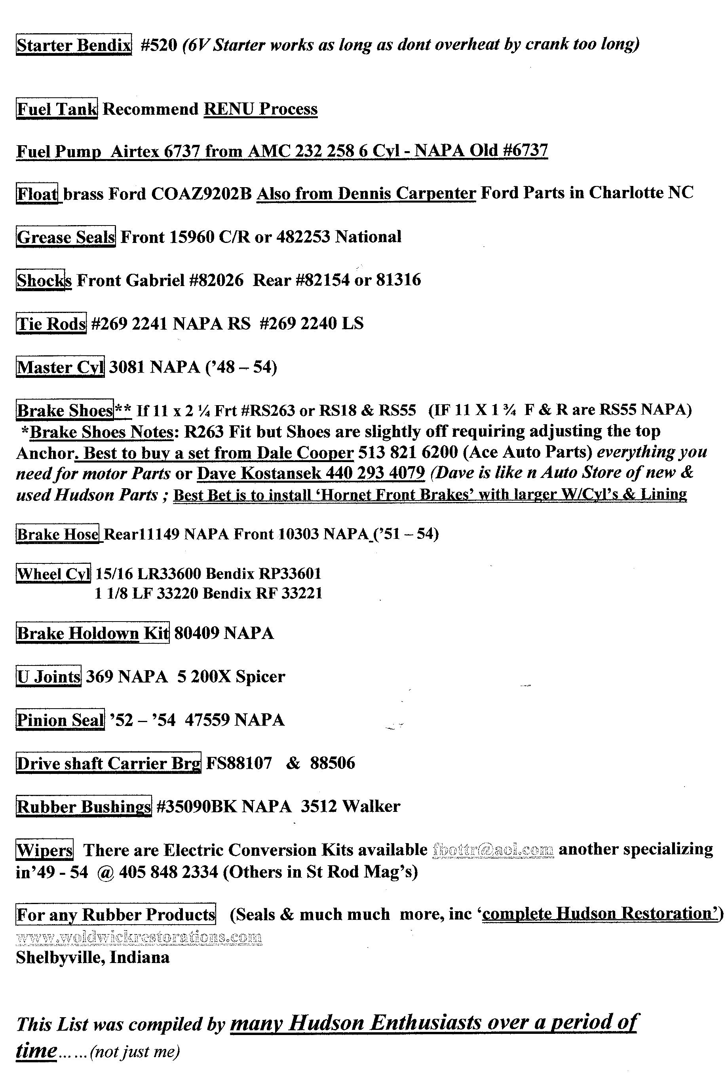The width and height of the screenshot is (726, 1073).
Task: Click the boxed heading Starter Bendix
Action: [x=74, y=45]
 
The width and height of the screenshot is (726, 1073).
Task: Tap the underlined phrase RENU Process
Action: [x=260, y=109]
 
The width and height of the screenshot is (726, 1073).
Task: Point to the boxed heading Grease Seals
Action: [x=66, y=237]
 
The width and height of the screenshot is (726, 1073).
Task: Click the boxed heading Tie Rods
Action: [x=51, y=323]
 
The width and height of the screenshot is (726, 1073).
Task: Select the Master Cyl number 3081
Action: [x=127, y=367]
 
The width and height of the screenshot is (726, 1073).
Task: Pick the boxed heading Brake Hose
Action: [x=58, y=534]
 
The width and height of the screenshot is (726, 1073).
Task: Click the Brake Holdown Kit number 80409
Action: [x=197, y=633]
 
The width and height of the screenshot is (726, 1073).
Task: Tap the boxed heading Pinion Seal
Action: [x=60, y=720]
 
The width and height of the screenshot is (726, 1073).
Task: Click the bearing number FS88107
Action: [x=239, y=763]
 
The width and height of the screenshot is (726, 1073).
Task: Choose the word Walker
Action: [x=371, y=807]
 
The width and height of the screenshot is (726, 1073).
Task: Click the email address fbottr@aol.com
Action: [x=493, y=849]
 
